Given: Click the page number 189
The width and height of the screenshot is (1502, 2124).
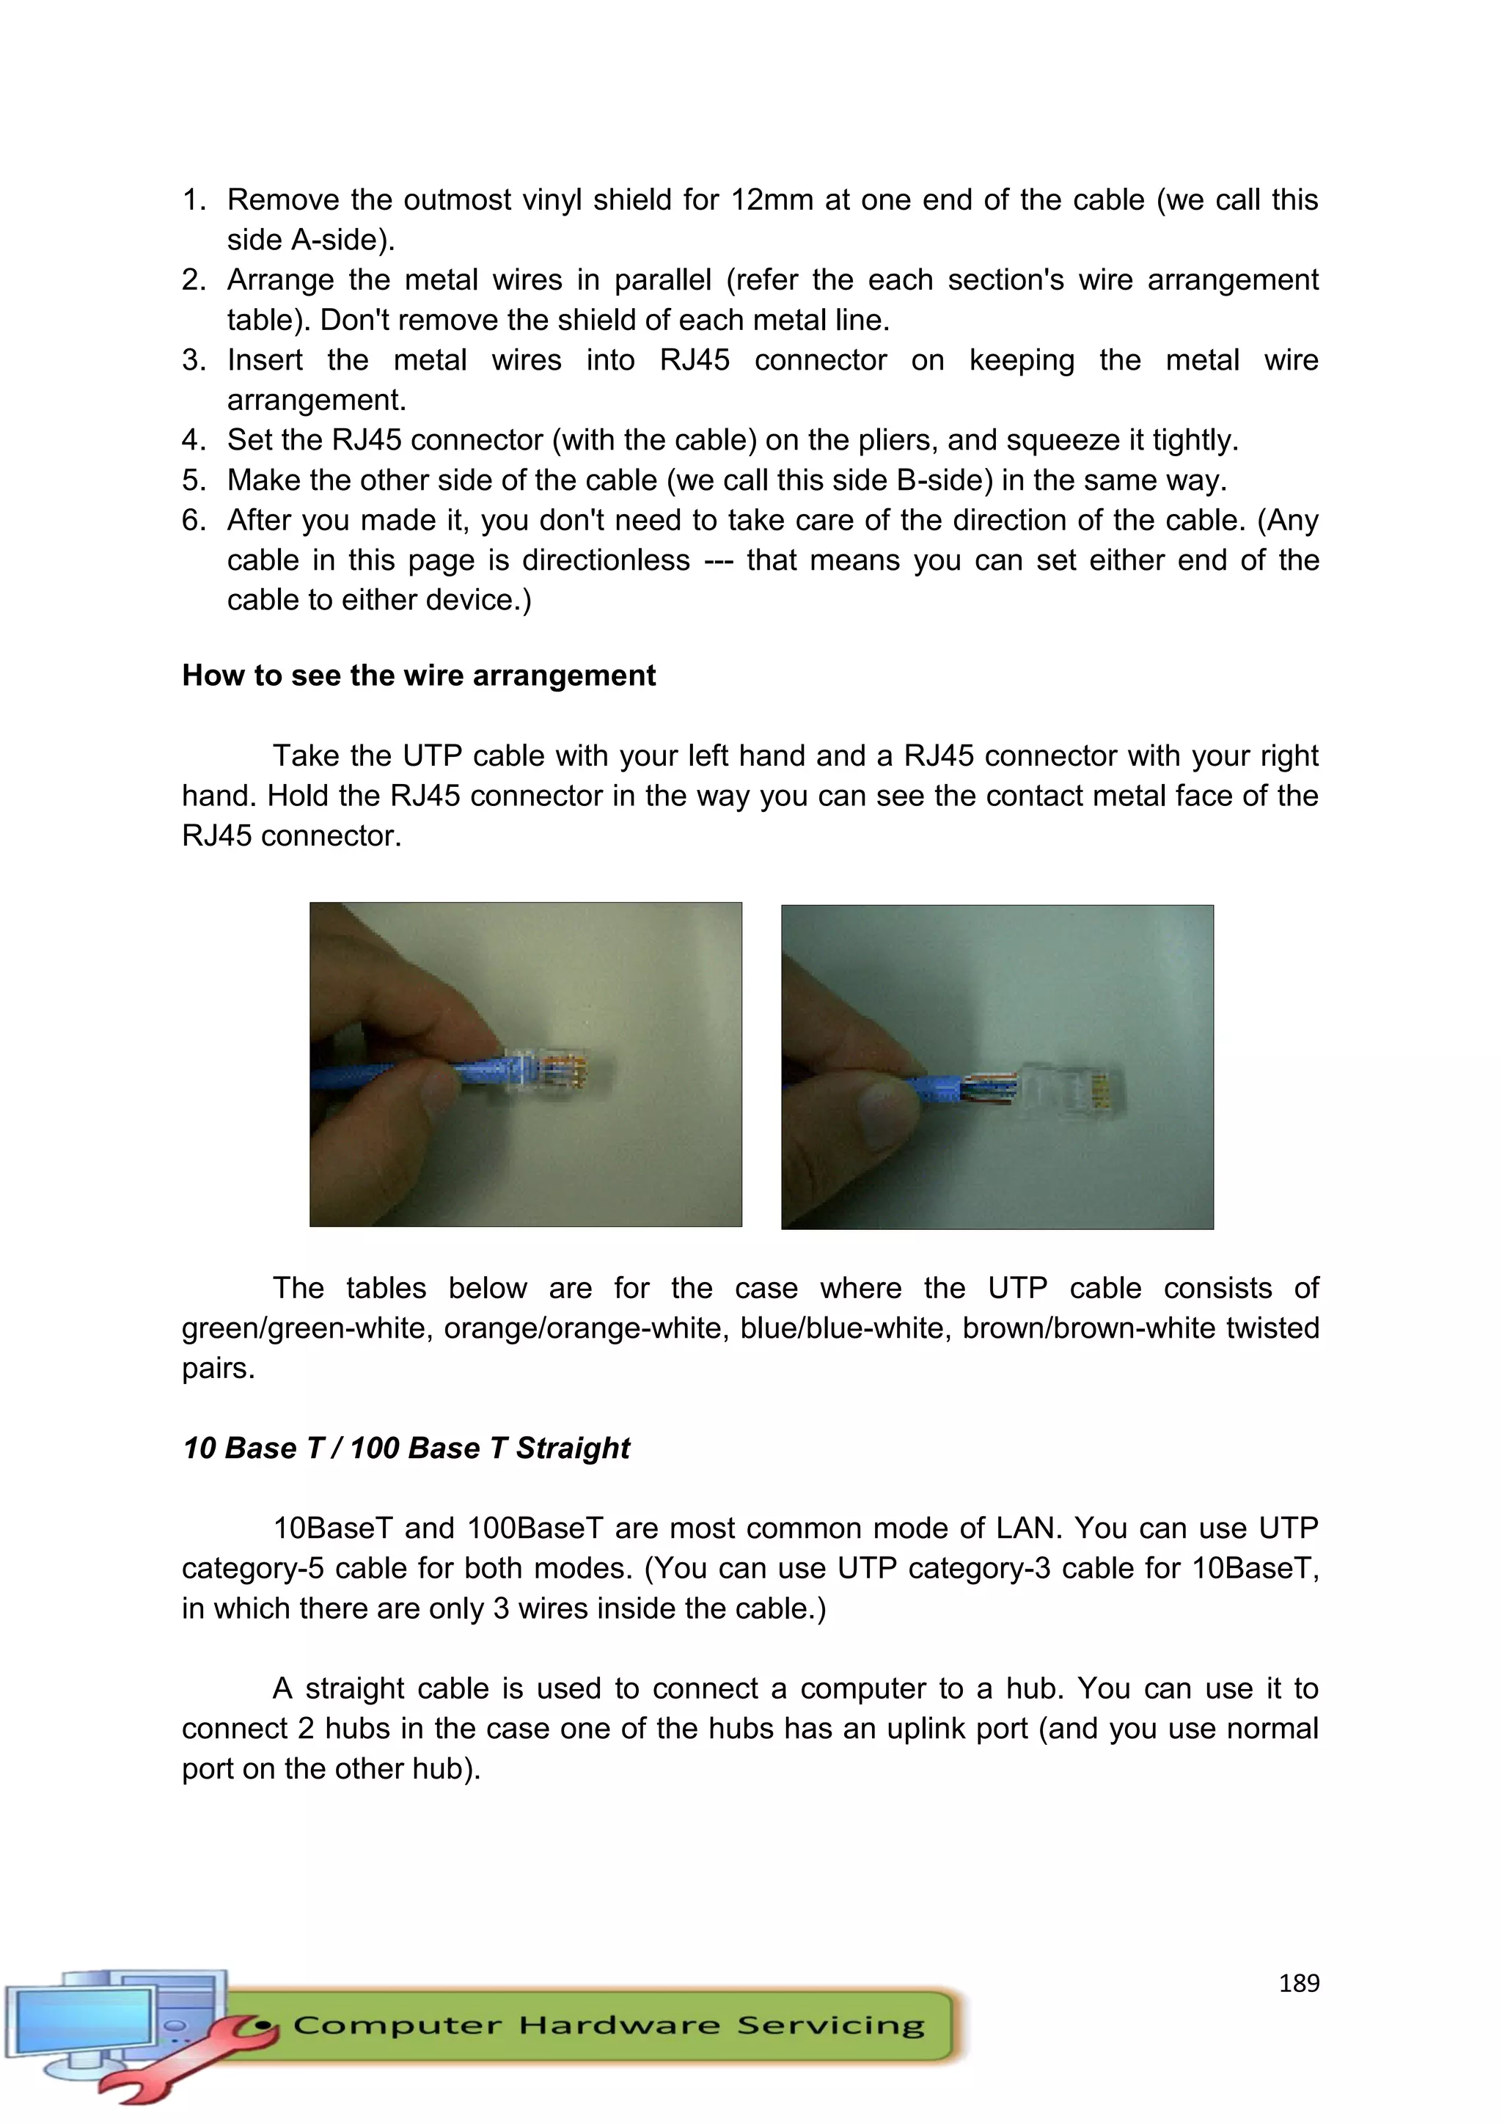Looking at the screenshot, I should [x=1299, y=1982].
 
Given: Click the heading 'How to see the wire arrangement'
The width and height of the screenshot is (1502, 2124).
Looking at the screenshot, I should [x=418, y=675].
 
